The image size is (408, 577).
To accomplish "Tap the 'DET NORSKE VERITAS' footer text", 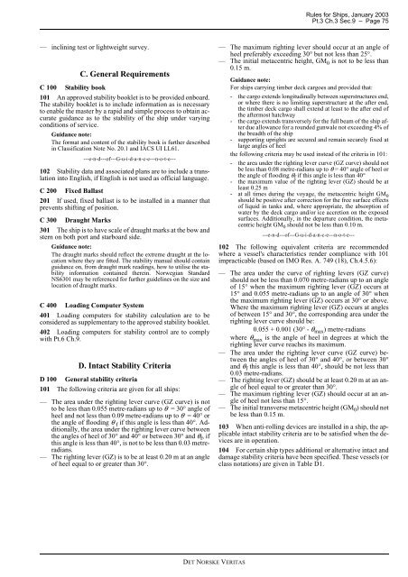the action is point(203,561).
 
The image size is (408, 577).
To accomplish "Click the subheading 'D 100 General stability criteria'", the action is point(78,384).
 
